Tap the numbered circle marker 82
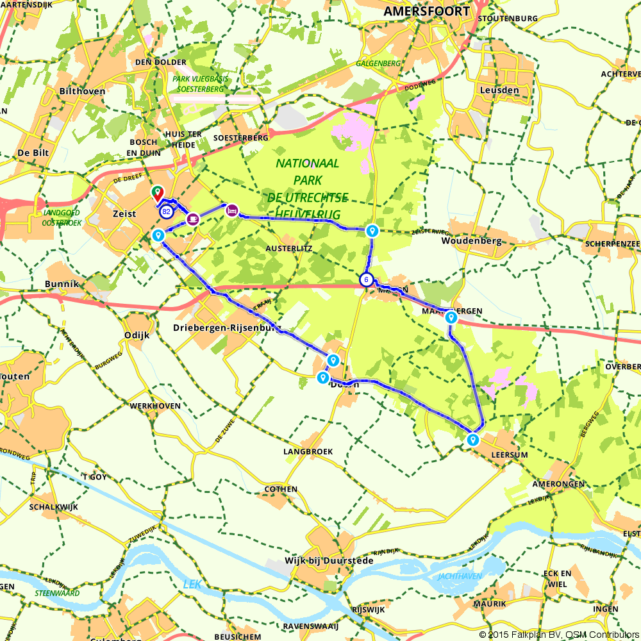point(166,212)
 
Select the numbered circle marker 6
point(366,279)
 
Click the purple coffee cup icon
point(193,219)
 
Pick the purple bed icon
point(232,210)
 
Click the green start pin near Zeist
point(156,192)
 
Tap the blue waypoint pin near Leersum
point(472,440)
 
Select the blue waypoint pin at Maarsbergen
point(451,317)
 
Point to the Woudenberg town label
point(470,241)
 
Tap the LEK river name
point(192,583)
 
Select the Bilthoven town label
point(82,91)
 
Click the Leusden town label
point(499,90)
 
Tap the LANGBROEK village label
point(308,451)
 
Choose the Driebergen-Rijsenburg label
point(228,328)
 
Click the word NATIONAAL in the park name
point(308,163)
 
